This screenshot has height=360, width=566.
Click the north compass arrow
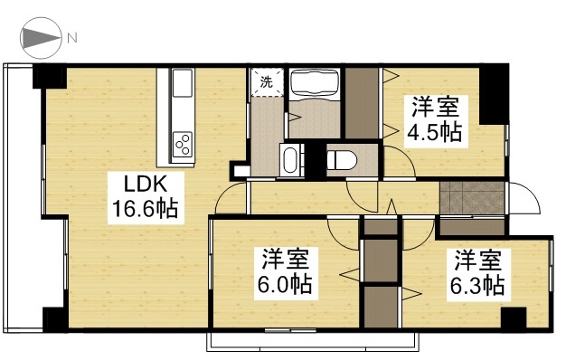coord(40,38)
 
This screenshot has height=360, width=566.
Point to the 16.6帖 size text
coord(144,209)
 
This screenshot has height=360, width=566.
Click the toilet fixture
coord(342,160)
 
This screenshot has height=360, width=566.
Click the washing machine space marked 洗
coord(267,82)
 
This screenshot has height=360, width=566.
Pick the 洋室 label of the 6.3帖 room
coord(479,261)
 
